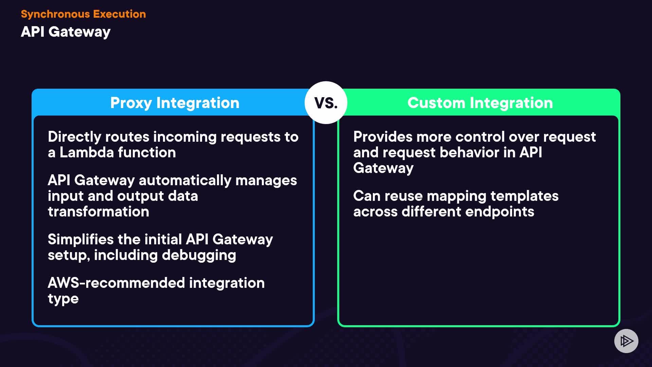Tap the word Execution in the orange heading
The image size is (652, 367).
tap(119, 14)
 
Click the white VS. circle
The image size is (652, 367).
tap(326, 103)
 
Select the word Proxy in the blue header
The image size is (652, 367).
tap(131, 103)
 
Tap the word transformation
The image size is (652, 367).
tap(98, 212)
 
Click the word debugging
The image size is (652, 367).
tap(199, 256)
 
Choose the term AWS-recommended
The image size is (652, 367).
tap(116, 283)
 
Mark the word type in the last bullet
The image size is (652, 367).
tap(63, 299)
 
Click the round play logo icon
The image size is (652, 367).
tap(626, 341)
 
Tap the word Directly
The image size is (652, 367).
tap(74, 137)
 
